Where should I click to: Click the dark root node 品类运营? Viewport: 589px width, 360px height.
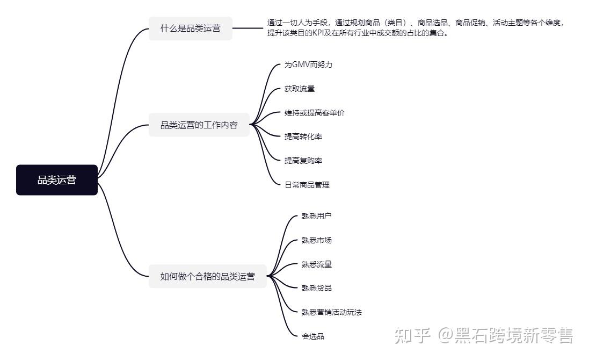coord(57,180)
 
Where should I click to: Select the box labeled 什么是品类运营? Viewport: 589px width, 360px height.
coord(191,28)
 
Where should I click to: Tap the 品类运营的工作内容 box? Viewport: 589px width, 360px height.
coord(199,125)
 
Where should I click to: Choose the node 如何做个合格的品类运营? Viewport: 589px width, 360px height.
coord(207,276)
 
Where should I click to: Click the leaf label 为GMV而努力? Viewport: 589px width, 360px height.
coord(308,64)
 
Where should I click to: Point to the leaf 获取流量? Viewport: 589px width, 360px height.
coord(300,89)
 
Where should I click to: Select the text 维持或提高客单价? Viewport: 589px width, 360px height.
coord(315,113)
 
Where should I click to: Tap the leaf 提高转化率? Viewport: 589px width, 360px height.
coord(303,136)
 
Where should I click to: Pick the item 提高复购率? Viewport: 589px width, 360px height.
coord(303,161)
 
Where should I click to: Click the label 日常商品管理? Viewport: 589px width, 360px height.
coord(307,184)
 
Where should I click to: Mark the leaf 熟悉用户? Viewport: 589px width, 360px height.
coord(317,216)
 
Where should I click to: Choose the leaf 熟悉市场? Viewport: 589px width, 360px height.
coord(317,240)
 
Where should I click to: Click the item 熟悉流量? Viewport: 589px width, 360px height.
coord(317,264)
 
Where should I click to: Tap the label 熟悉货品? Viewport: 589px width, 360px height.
coord(317,288)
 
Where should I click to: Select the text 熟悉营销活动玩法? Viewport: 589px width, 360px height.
coord(332,312)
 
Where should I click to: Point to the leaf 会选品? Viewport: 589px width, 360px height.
coord(313,336)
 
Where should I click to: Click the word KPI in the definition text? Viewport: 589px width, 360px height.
coord(318,33)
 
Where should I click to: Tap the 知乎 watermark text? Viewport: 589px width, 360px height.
coord(412,336)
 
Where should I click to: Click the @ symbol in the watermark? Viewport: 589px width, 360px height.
coord(445,336)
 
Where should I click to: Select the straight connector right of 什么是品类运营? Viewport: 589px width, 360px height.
coord(248,28)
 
